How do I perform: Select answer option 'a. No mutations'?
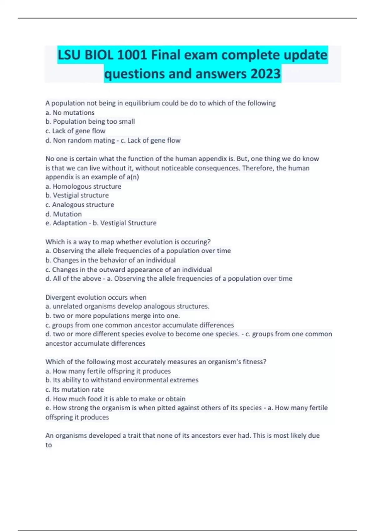tap(70, 112)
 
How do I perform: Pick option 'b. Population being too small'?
tap(90, 122)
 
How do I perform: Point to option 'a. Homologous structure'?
tap(83, 186)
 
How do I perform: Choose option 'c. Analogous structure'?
tap(80, 205)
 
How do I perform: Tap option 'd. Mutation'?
tap(64, 214)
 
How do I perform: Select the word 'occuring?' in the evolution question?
tap(197, 242)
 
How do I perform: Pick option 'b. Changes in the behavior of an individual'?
tap(111, 260)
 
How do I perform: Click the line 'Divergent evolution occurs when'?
tap(96, 297)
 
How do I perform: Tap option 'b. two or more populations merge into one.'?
tap(113, 316)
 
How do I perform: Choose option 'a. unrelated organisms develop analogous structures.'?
tap(127, 306)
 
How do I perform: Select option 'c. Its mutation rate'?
tap(75, 390)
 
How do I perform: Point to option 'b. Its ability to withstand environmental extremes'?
tap(122, 380)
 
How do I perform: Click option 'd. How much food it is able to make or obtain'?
tap(116, 399)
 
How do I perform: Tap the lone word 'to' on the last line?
tap(49, 445)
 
